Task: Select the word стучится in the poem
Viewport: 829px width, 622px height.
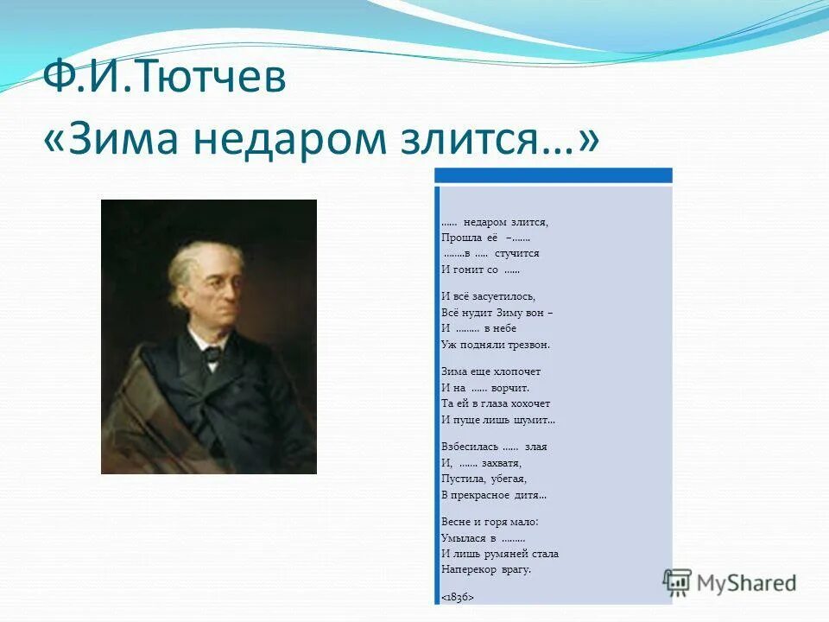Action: click(x=516, y=253)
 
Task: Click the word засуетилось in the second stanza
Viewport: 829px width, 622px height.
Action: click(x=492, y=295)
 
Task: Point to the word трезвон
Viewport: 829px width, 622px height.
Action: click(x=528, y=344)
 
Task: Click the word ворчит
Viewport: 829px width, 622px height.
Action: click(x=509, y=387)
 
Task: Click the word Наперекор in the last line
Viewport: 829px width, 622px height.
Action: click(x=467, y=569)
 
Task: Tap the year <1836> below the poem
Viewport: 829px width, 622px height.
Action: click(x=458, y=597)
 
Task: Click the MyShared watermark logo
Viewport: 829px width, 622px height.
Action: click(x=731, y=582)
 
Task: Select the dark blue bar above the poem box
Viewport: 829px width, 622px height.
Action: click(x=553, y=175)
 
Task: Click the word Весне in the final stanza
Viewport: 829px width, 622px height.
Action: click(x=455, y=522)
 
